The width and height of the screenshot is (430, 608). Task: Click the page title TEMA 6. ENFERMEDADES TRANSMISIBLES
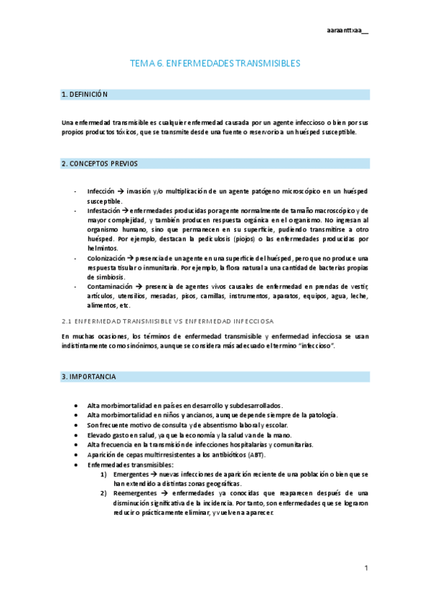click(215, 64)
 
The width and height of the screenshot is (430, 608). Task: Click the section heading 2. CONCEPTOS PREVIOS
click(100, 164)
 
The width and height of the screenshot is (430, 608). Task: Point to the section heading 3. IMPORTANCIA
click(90, 376)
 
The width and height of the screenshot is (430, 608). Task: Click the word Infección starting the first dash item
click(101, 192)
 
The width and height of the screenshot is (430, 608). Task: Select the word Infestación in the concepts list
click(103, 211)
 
